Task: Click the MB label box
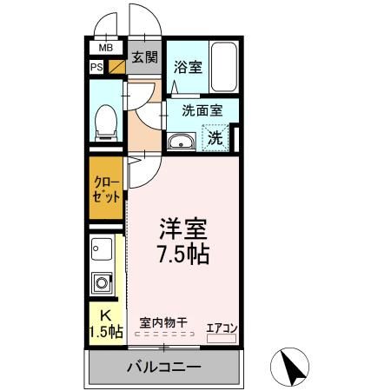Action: [105, 49]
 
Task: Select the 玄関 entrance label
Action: [144, 57]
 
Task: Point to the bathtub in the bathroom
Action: [224, 68]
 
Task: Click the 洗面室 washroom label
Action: [202, 110]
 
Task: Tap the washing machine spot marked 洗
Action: [214, 136]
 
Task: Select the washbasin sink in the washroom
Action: [181, 142]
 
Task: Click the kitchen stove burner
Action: [102, 283]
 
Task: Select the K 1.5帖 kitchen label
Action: [105, 323]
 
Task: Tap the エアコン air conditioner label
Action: [222, 328]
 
